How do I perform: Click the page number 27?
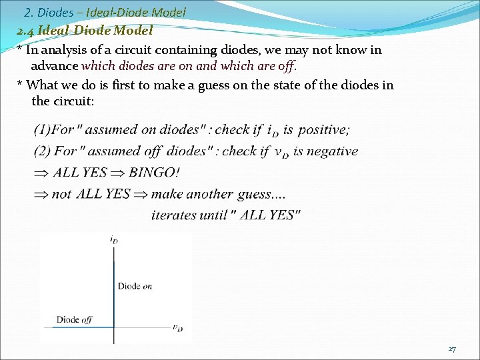pos(452,349)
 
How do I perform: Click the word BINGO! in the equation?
pos(154,172)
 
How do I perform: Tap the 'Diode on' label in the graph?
pos(135,286)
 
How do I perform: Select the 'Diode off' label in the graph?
pos(74,319)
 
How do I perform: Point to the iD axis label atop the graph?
pos(114,239)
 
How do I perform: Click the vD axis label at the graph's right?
pos(177,327)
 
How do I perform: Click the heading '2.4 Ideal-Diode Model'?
pos(85,30)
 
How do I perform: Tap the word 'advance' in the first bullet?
pos(55,66)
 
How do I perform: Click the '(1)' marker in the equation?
pos(41,129)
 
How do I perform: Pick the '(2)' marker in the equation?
pos(42,151)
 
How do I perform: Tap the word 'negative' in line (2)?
pos(331,151)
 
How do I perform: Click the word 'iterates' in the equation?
pos(174,215)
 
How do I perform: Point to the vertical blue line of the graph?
pos(115,287)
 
